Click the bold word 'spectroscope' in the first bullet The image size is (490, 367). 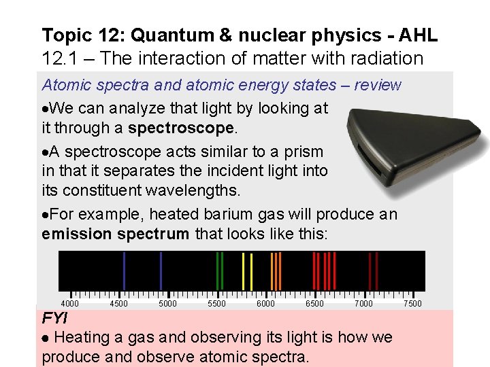coord(182,128)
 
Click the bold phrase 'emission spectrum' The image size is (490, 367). coord(116,234)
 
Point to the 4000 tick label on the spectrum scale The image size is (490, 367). coord(69,304)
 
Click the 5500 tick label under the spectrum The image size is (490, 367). coord(216,304)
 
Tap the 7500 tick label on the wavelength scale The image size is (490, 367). coord(412,304)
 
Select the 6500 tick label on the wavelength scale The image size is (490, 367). coord(314,304)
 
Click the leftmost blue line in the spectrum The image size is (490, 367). coord(124,270)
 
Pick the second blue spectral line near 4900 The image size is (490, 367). coord(161,270)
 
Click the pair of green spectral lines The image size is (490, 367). coord(219,270)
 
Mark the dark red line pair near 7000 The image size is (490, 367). coord(373,270)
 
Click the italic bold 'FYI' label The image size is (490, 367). coord(54,318)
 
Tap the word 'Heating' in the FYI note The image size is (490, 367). coord(82,337)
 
